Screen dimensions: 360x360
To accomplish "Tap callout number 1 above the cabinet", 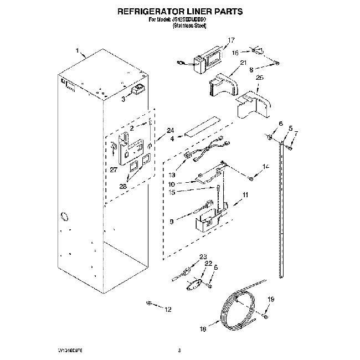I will tap(78, 48).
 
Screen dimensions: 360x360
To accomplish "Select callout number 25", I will tap(259, 78).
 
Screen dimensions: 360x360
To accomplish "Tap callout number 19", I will tap(271, 299).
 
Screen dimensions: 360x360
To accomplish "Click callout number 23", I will tap(203, 256).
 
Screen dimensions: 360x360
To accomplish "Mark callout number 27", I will tap(113, 170).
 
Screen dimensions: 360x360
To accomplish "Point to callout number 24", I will tap(162, 131).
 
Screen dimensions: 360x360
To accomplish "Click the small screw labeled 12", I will tap(149, 303).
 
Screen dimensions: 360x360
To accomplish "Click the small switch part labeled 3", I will tap(138, 90).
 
